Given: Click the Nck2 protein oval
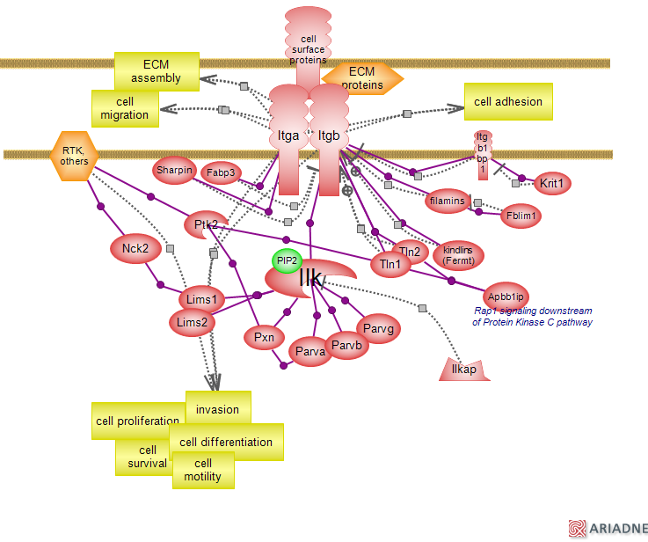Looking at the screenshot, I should pos(135,249).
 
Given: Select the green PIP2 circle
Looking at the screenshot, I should pos(287,261).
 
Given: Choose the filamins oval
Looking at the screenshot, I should pos(447,201).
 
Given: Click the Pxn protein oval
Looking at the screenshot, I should pos(264,337).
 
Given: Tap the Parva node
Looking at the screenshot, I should pos(310,351).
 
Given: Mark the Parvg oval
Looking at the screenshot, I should pos(378,329).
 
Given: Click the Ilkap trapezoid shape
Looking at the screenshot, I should pos(463,370).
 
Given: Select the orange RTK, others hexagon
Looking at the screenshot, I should pos(75,156).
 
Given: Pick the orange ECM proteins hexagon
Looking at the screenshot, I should pos(362,78).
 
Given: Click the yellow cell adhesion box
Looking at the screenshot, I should pos(508,101).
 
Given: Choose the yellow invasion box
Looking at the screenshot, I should pos(218,408).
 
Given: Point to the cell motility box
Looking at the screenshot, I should pos(203,470).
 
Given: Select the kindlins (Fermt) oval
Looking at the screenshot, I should pos(458,254).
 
